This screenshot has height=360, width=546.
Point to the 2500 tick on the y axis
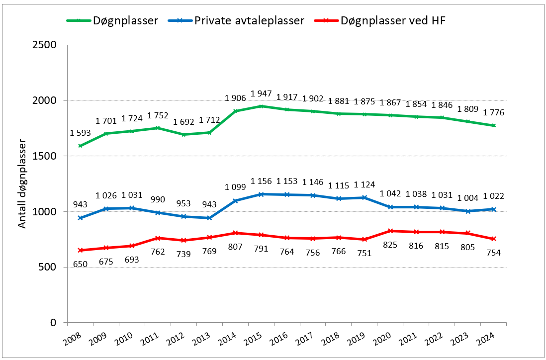tap(45, 45)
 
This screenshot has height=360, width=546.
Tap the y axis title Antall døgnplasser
tap(22, 183)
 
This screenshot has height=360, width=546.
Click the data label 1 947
tap(262, 93)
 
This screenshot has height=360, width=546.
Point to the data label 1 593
tap(81, 133)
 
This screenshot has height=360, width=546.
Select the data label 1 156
tap(262, 181)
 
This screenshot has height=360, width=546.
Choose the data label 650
tap(81, 264)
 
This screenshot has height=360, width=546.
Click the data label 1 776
tap(493, 112)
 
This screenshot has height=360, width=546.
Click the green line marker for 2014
tap(235, 111)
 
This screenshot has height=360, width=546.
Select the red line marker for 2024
tap(493, 239)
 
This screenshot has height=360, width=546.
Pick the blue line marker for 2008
tap(80, 218)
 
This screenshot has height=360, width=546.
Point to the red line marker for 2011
tap(158, 238)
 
